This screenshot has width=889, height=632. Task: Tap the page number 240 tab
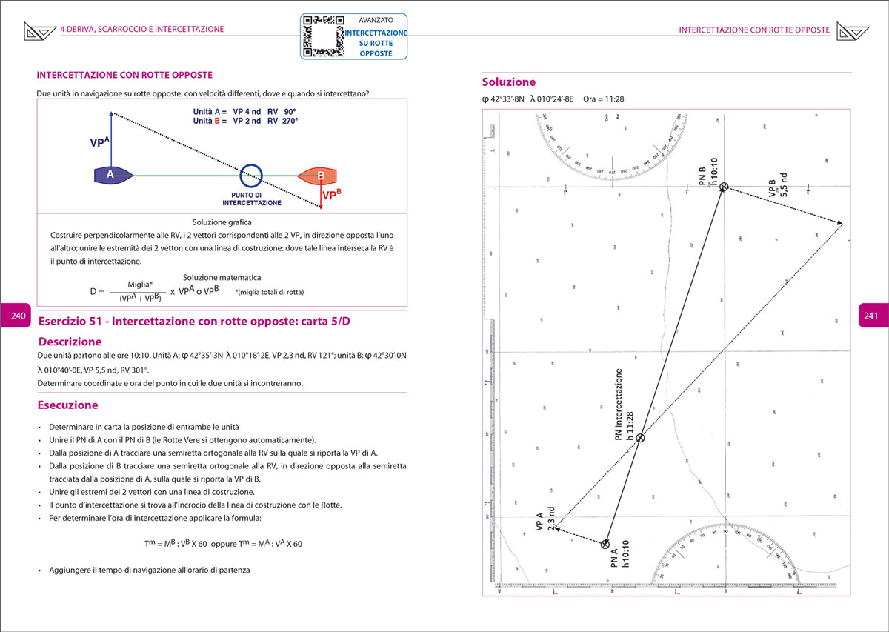19,316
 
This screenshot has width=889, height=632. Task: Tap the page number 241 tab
870,316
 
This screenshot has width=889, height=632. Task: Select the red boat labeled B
318,176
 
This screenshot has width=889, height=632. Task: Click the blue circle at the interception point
251,176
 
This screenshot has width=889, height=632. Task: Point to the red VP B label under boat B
330,196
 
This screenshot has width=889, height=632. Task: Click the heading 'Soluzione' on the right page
508,82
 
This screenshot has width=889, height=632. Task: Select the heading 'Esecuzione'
67,405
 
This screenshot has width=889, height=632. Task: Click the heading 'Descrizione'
70,342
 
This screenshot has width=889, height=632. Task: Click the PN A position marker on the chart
606,545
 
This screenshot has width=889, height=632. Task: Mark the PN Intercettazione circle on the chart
641,438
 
